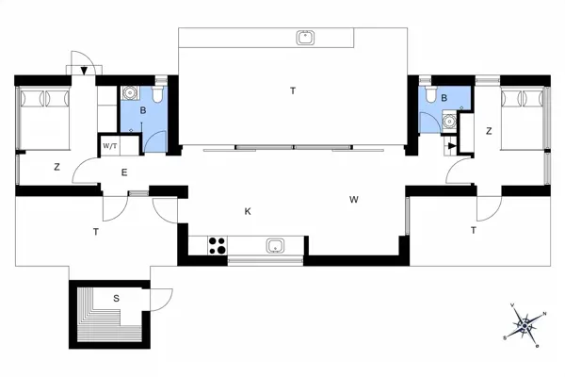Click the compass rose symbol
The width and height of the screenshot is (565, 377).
click(526, 324)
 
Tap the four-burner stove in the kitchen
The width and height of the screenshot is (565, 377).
click(217, 246)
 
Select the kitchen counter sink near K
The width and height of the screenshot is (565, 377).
click(276, 246)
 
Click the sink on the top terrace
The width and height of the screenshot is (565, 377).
click(305, 38)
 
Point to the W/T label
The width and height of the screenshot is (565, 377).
click(109, 146)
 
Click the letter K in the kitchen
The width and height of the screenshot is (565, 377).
click(248, 212)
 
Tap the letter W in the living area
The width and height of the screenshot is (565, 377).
click(354, 200)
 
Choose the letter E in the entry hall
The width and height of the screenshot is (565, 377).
click(124, 172)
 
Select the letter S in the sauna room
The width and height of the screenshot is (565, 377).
click(116, 299)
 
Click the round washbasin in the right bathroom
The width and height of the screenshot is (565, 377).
click(449, 121)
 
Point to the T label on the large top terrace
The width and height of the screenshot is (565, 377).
click(293, 90)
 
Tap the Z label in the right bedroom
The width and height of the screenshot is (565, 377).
click(488, 131)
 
